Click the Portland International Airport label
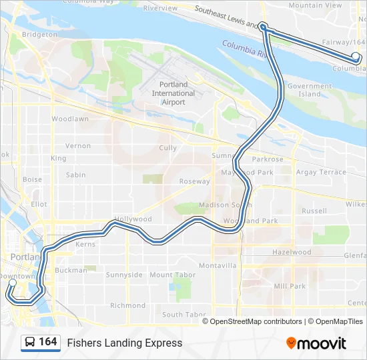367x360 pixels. [173, 93]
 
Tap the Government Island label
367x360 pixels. [310, 90]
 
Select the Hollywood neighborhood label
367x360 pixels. [133, 219]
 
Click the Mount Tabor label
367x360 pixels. [173, 275]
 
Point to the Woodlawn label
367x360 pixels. [70, 119]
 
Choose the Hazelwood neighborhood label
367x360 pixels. [292, 253]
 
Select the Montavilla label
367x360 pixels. [218, 265]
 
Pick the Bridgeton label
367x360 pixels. [39, 33]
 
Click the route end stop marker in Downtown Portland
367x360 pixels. [12, 283]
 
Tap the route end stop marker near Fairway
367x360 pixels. [356, 57]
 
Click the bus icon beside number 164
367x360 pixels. [30, 342]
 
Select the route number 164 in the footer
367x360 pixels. [47, 342]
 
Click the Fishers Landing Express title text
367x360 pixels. [124, 343]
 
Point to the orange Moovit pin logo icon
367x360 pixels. [291, 343]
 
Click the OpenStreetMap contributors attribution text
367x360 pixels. [256, 321]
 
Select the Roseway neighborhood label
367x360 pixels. [194, 181]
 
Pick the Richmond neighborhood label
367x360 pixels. [127, 305]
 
